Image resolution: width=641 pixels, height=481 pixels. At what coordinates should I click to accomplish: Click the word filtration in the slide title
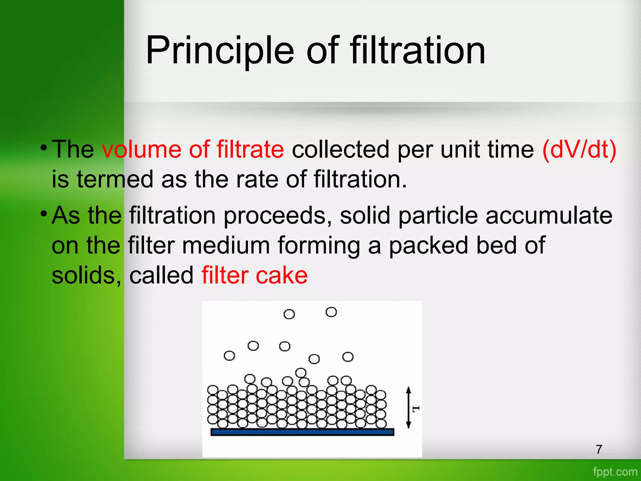click(x=418, y=50)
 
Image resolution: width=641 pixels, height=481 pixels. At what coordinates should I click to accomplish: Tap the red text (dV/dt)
click(x=579, y=149)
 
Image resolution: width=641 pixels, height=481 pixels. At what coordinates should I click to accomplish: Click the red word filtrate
click(x=250, y=149)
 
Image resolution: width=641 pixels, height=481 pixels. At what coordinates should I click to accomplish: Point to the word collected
click(x=341, y=149)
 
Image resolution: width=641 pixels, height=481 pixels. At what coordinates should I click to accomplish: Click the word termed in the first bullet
click(x=115, y=179)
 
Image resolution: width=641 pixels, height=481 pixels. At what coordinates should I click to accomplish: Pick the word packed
click(x=428, y=246)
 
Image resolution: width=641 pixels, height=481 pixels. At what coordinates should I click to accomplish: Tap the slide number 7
click(x=599, y=449)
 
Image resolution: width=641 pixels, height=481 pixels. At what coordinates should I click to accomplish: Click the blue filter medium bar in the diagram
click(x=302, y=432)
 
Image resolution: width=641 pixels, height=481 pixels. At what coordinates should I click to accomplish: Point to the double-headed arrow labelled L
click(x=408, y=407)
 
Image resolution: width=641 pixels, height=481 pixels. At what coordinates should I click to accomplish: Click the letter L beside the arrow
click(x=415, y=409)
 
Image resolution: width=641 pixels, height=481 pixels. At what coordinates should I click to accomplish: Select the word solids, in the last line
click(x=86, y=276)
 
